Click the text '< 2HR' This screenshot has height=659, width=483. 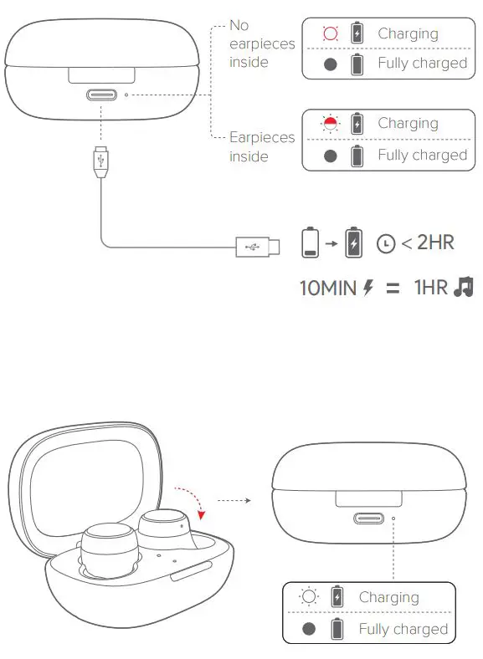(427, 243)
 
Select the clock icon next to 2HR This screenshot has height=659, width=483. (386, 243)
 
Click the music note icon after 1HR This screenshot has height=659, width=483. (462, 288)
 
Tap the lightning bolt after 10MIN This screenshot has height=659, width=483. (367, 289)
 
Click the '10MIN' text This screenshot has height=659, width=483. (328, 289)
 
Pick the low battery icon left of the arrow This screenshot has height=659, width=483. (311, 243)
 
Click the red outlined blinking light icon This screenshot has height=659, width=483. (331, 34)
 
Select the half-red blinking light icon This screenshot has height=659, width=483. (331, 124)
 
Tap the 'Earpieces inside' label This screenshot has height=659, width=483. (261, 146)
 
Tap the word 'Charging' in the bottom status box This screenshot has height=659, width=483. (388, 597)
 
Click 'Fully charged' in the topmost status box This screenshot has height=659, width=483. (422, 63)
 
